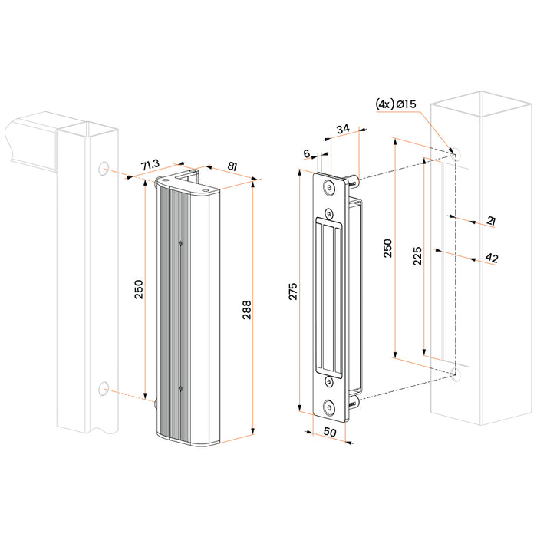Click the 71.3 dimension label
[x=149, y=165]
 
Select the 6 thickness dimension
[x=308, y=153]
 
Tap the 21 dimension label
[x=491, y=221]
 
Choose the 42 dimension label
[x=492, y=258]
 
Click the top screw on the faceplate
[x=329, y=186]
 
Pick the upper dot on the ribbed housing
[x=179, y=244]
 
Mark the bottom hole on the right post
[x=456, y=374]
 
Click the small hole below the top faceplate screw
[x=329, y=212]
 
